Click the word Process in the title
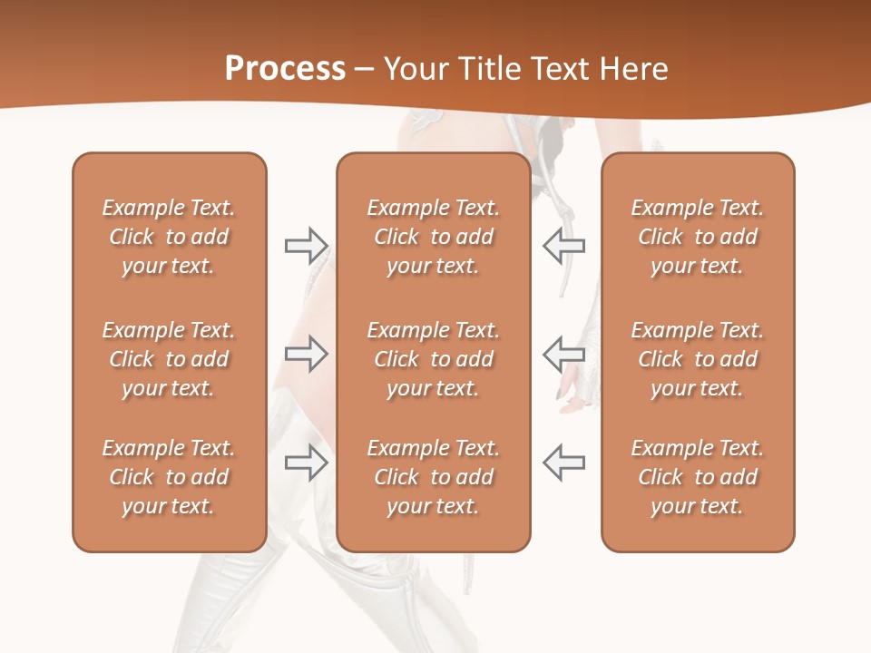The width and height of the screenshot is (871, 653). (285, 69)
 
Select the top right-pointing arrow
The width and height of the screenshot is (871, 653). (306, 245)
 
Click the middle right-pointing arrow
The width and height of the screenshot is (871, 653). (306, 354)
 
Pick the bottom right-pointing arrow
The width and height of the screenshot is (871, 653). (306, 462)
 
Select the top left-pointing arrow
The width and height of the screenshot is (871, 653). (563, 245)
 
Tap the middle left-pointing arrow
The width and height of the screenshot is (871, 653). (563, 354)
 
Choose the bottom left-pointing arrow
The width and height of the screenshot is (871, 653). (563, 462)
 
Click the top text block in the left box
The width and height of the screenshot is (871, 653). (169, 237)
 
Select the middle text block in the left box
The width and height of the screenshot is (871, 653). (169, 359)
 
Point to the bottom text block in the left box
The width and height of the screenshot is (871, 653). (169, 477)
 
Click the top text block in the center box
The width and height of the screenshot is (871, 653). (434, 237)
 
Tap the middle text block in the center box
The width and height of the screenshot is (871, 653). (434, 359)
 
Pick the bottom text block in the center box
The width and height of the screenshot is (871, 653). (434, 477)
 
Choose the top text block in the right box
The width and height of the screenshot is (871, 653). (698, 237)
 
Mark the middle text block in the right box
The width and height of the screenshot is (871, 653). (698, 359)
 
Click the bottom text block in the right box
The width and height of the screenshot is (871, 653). (698, 477)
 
